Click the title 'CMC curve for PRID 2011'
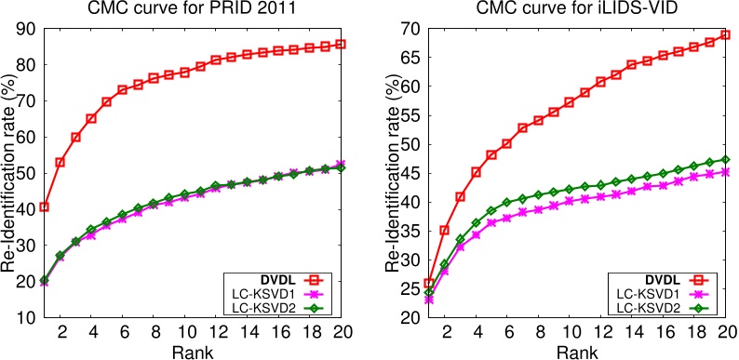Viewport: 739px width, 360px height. pos(194,10)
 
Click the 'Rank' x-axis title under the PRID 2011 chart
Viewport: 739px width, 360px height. pos(193,350)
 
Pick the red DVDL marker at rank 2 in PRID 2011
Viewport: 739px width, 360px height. pos(60,162)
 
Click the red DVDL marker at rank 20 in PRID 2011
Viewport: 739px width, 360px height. pos(341,44)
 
